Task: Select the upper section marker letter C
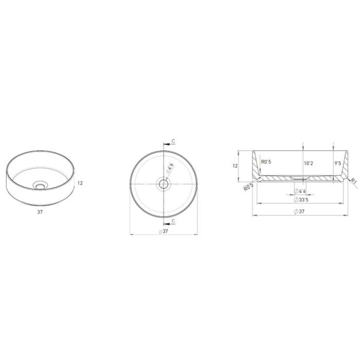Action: (x=173, y=140)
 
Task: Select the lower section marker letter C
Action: (x=173, y=221)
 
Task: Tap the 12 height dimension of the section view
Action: (x=235, y=166)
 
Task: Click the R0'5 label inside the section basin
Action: (x=266, y=163)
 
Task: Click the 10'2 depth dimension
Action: (x=309, y=163)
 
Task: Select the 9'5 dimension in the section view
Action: (x=338, y=163)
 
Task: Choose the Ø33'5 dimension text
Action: (x=302, y=200)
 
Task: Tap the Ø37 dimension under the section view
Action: (x=302, y=211)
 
